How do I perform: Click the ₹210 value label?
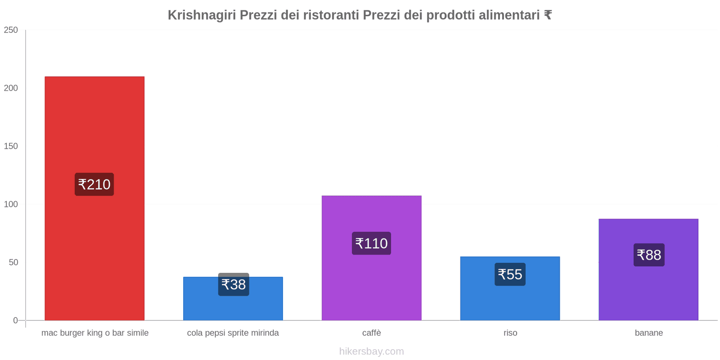point(94,184)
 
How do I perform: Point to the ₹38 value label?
point(234,285)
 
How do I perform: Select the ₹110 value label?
point(371,243)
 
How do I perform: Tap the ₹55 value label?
point(510,274)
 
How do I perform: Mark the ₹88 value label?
point(649,255)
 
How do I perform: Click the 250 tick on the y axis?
point(11,30)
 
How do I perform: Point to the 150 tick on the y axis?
point(11,146)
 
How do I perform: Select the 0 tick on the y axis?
point(15,320)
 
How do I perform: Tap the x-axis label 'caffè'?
point(371,333)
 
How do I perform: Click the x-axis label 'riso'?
point(510,333)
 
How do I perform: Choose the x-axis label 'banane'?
point(649,333)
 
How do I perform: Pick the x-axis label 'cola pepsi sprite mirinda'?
point(233,333)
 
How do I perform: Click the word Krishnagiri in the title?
point(202,15)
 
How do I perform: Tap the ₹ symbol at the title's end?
point(548,15)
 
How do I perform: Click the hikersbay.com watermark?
point(371,351)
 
